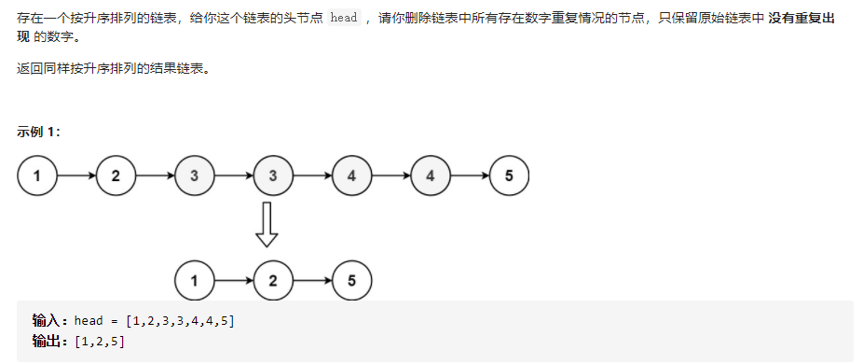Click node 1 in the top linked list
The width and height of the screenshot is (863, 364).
pyautogui.click(x=37, y=175)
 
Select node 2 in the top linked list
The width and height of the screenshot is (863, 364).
pyautogui.click(x=116, y=175)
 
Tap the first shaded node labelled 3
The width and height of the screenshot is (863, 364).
pyautogui.click(x=194, y=175)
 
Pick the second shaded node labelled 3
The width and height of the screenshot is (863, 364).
pyautogui.click(x=272, y=175)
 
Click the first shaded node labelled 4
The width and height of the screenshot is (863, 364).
pyautogui.click(x=350, y=175)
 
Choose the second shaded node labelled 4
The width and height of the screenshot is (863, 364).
pyautogui.click(x=430, y=175)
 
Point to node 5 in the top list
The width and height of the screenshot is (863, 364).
pyautogui.click(x=508, y=175)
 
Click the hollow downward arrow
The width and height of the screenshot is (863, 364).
pyautogui.click(x=267, y=225)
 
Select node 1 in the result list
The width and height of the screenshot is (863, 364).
pyautogui.click(x=194, y=280)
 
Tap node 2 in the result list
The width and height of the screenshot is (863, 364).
pyautogui.click(x=272, y=280)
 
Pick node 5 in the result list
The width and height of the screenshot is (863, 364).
pyautogui.click(x=351, y=280)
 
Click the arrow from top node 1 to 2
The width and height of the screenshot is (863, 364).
pyautogui.click(x=76, y=175)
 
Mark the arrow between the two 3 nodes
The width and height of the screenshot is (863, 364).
pyautogui.click(x=233, y=175)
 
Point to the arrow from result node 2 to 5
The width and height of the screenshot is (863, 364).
pyautogui.click(x=311, y=280)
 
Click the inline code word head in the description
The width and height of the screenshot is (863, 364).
pyautogui.click(x=344, y=20)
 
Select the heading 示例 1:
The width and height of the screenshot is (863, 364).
pyautogui.click(x=39, y=131)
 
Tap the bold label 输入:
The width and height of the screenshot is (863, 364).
pyautogui.click(x=51, y=321)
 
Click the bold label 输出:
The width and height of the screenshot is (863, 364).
pyautogui.click(x=51, y=341)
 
